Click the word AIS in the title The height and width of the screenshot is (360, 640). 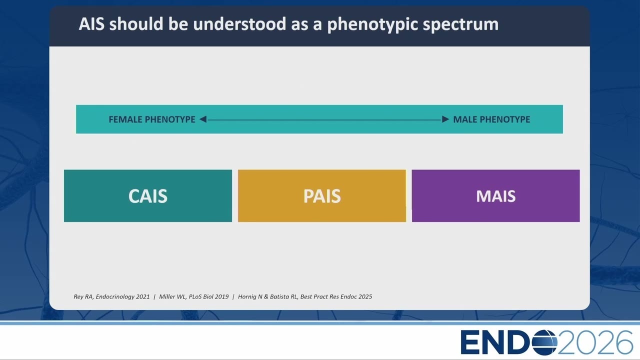(91, 23)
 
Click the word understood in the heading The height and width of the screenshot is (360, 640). (239, 23)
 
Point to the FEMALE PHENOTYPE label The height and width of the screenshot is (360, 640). (152, 119)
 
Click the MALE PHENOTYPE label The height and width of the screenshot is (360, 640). (491, 119)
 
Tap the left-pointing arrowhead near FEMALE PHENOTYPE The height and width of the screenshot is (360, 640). (203, 119)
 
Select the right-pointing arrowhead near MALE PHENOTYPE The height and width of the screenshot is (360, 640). (445, 119)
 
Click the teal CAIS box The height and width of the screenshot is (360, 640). (148, 195)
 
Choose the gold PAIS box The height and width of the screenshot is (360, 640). (322, 195)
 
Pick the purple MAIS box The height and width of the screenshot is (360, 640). (495, 195)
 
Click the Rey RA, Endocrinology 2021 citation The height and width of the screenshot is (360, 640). (111, 297)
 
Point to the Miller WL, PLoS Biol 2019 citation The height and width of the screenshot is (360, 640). (193, 297)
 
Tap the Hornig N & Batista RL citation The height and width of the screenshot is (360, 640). (305, 297)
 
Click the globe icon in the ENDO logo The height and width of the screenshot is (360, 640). (544, 342)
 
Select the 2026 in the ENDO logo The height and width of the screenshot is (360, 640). (595, 342)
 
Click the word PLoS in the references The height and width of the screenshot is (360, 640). (195, 297)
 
